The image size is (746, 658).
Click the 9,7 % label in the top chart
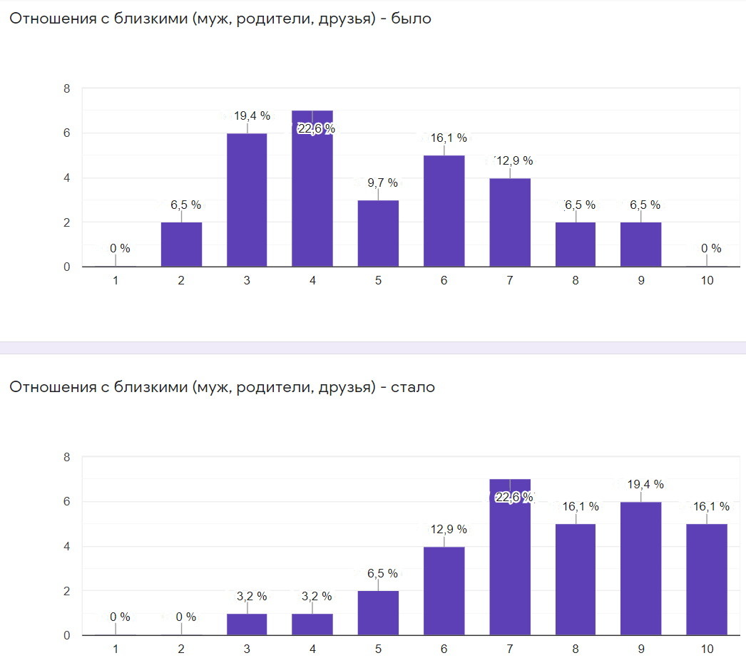pos(378,183)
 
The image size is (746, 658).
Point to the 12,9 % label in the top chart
pos(511,160)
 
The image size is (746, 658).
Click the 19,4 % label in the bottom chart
pos(642,484)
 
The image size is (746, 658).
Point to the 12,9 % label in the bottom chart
pos(445,529)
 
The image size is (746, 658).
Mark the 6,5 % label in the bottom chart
pos(378,573)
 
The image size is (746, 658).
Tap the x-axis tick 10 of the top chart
pos(706,281)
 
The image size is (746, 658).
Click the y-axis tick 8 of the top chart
pos(66,88)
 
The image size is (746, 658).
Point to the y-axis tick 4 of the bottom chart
pos(66,546)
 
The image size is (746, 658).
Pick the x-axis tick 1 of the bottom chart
pos(115,649)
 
